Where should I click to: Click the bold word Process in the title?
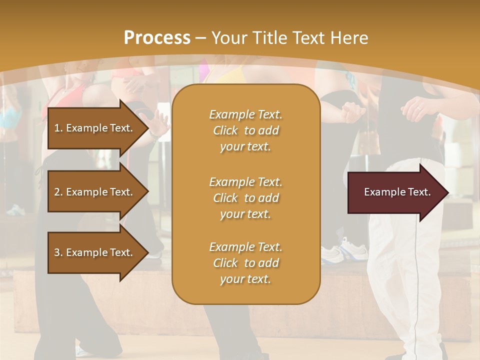(x=157, y=37)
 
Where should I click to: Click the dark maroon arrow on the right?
(x=395, y=192)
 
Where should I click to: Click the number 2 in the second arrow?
(x=57, y=192)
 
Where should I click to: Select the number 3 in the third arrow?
(x=57, y=252)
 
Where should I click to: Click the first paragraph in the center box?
(x=245, y=130)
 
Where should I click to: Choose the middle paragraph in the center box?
(x=245, y=198)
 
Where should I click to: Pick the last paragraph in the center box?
(x=245, y=263)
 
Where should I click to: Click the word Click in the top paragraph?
(x=225, y=130)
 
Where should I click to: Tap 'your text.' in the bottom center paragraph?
(x=245, y=279)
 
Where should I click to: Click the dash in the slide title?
(x=201, y=38)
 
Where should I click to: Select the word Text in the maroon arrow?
(x=419, y=192)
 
